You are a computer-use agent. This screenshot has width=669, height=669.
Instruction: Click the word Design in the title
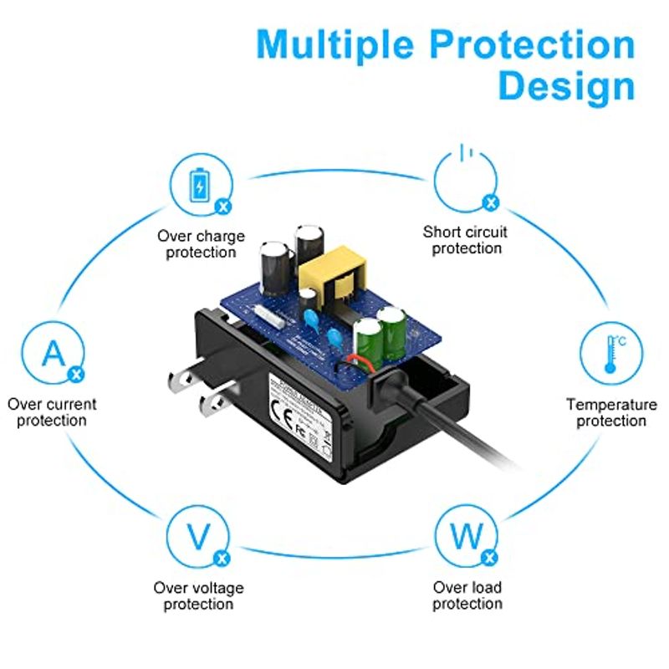click(x=566, y=86)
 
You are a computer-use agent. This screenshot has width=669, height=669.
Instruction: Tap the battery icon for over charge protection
click(x=200, y=186)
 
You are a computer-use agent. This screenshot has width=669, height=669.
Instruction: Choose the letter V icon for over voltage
click(x=198, y=537)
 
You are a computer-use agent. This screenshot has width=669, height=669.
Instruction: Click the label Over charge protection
click(x=201, y=244)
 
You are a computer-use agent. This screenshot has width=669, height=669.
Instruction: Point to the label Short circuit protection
click(x=466, y=240)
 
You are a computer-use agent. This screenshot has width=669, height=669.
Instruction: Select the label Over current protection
click(x=52, y=412)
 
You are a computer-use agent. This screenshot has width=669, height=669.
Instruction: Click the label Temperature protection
click(x=611, y=412)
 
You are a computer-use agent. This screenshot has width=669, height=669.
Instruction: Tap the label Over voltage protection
click(x=199, y=595)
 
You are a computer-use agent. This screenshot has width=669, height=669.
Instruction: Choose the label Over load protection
click(x=467, y=595)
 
